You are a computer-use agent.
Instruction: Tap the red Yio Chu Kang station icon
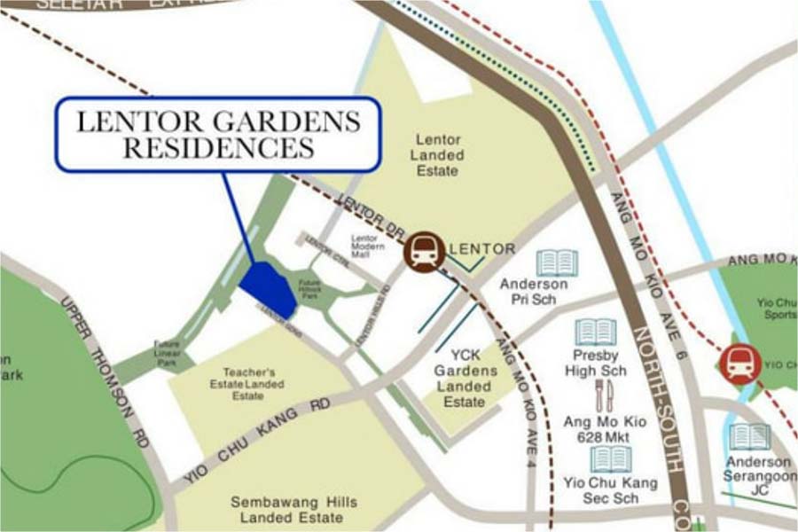(x=740, y=364)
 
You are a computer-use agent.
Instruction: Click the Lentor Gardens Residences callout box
(x=218, y=134)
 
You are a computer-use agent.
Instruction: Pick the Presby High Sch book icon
(x=595, y=332)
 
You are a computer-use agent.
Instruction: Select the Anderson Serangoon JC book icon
(x=750, y=437)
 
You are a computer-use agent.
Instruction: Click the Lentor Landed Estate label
(x=438, y=154)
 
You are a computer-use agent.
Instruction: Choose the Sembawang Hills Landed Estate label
(x=293, y=510)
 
